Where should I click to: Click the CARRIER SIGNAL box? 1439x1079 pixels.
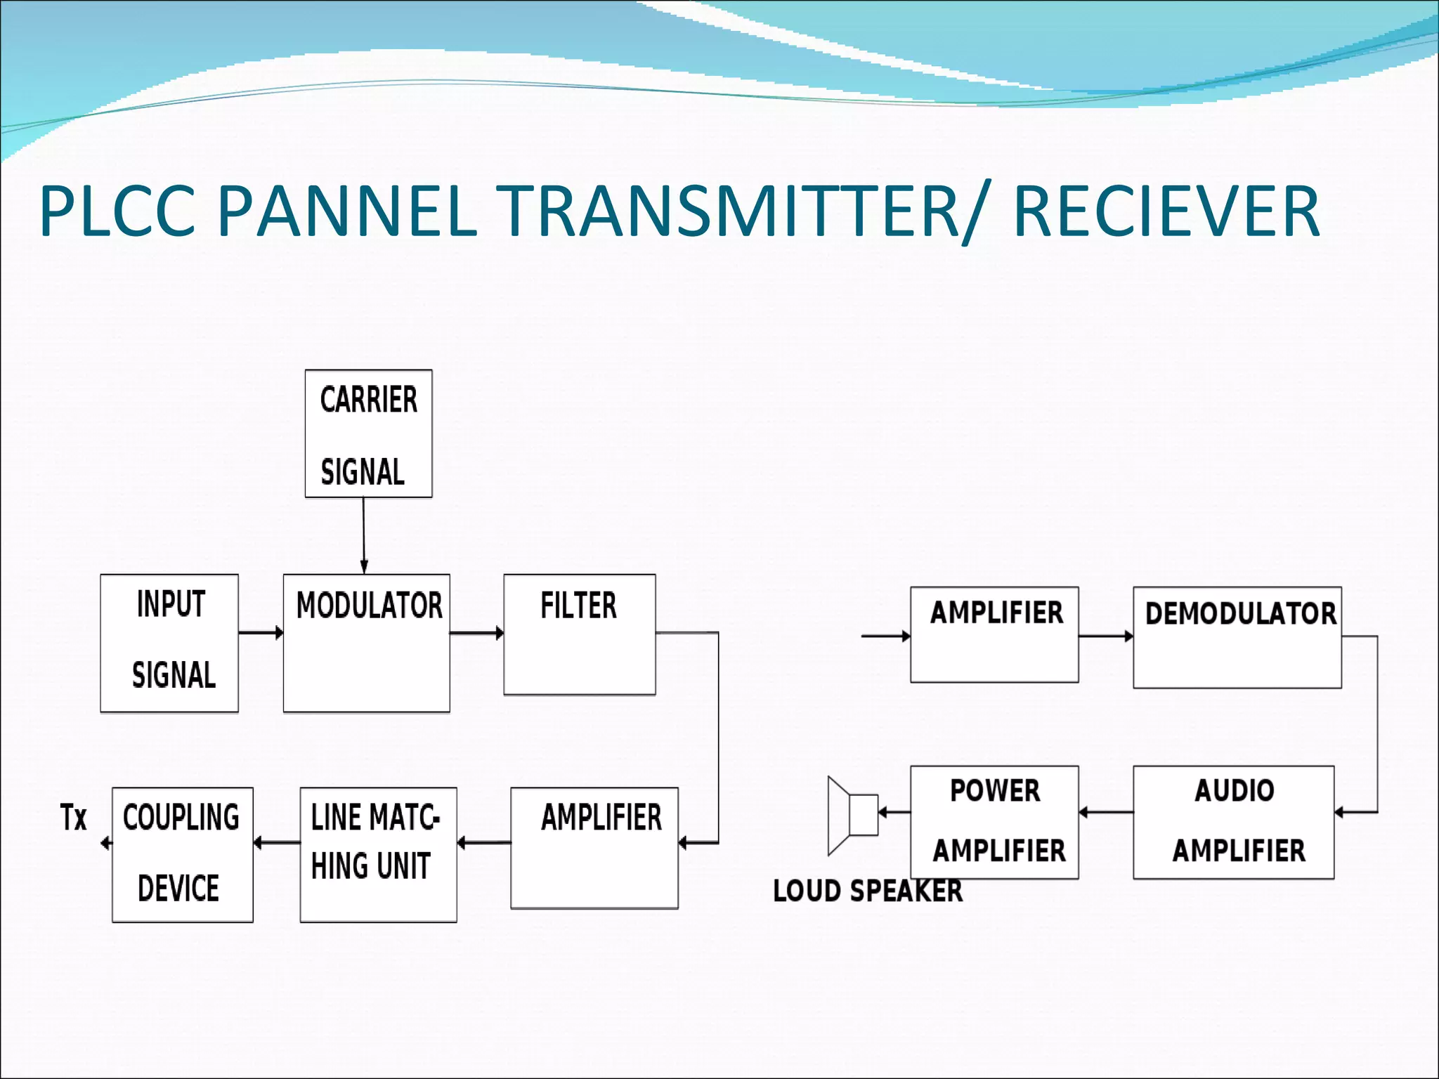[x=368, y=433]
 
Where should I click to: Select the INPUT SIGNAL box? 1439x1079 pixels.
[x=169, y=643]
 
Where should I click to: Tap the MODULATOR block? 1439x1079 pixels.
[x=366, y=643]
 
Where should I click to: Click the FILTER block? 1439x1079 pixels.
[x=579, y=634]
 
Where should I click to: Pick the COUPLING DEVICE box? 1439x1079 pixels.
[x=182, y=854]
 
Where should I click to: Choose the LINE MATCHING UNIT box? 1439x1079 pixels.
[x=378, y=854]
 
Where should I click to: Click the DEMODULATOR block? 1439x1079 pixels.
[x=1237, y=637]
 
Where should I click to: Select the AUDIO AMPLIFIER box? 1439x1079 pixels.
[x=1233, y=822]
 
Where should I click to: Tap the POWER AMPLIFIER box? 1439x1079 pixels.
[x=994, y=822]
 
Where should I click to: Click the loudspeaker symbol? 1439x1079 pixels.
[x=851, y=815]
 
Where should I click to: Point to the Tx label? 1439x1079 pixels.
[x=73, y=818]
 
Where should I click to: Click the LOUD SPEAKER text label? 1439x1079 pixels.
[x=867, y=891]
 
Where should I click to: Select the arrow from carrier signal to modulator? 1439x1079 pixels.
[x=364, y=535]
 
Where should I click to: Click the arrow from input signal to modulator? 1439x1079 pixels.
[x=261, y=633]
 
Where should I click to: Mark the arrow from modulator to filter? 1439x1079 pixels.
[x=476, y=633]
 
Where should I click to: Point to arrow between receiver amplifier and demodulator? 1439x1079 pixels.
[x=1105, y=636]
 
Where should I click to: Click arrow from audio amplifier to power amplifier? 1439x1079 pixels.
[x=1105, y=812]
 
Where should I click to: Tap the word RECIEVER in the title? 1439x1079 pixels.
[x=1166, y=211]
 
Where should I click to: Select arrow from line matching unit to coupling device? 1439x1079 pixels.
[x=276, y=842]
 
